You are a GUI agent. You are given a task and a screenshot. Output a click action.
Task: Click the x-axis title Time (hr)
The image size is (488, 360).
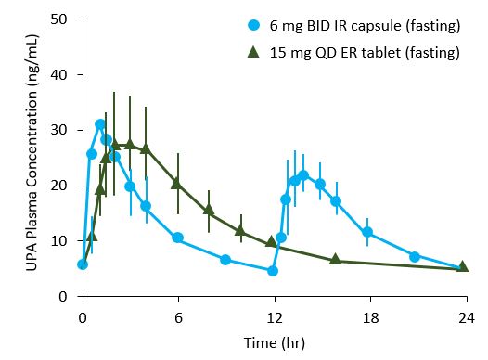(x=274, y=342)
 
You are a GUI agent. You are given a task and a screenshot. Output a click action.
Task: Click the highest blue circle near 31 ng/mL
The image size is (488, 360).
(x=100, y=124)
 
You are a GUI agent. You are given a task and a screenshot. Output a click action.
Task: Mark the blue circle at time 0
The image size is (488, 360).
(x=83, y=264)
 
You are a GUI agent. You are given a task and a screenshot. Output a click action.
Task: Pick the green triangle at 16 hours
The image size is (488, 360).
(x=336, y=260)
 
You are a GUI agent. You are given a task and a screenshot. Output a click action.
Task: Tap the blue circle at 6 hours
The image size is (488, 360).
(x=177, y=238)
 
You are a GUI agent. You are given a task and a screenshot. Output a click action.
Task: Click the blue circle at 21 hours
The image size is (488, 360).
(x=415, y=256)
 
